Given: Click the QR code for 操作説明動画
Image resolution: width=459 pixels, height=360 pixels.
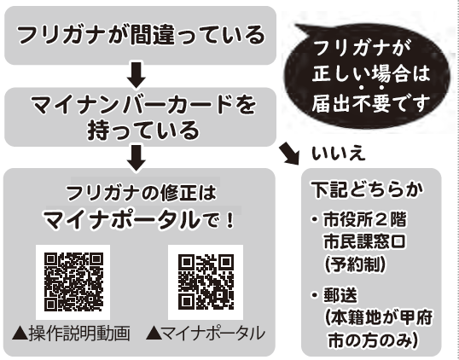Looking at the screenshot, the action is point(73,282).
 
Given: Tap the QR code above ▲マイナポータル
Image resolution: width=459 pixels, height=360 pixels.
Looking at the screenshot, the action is point(206,282).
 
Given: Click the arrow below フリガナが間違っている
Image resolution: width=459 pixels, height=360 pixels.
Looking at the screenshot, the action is point(137,75).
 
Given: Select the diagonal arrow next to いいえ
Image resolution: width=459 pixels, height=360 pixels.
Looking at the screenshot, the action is point(289,154).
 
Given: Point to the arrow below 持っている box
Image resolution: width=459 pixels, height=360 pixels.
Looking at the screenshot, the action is point(137,158).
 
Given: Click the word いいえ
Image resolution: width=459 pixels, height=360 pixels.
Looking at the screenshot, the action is point(339,154).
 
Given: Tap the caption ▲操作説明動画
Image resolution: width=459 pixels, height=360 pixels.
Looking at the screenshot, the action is point(71,334).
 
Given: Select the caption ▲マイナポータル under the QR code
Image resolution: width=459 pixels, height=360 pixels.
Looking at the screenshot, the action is point(206,334).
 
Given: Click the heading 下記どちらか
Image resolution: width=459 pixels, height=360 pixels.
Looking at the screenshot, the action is point(368,190).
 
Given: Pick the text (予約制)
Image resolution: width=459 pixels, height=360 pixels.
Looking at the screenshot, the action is point(355,264).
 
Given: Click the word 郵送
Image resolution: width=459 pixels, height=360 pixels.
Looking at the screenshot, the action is point(340,296).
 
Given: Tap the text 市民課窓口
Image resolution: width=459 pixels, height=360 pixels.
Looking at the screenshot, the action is point(365,242).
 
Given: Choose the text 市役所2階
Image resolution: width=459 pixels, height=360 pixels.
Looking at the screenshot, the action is point(365,220).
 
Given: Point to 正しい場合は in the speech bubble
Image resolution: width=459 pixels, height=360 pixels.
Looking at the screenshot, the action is point(370,73).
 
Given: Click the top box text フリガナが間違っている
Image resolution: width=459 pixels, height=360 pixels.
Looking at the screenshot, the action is point(141,35).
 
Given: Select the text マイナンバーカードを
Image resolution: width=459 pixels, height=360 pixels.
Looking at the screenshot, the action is point(143,105).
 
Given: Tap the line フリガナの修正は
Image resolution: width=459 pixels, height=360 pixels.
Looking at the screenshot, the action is point(142,193).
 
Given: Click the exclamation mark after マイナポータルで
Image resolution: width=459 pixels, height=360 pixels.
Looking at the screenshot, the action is point(230,220).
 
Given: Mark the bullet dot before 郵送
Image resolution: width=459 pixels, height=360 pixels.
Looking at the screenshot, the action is point(315,295).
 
